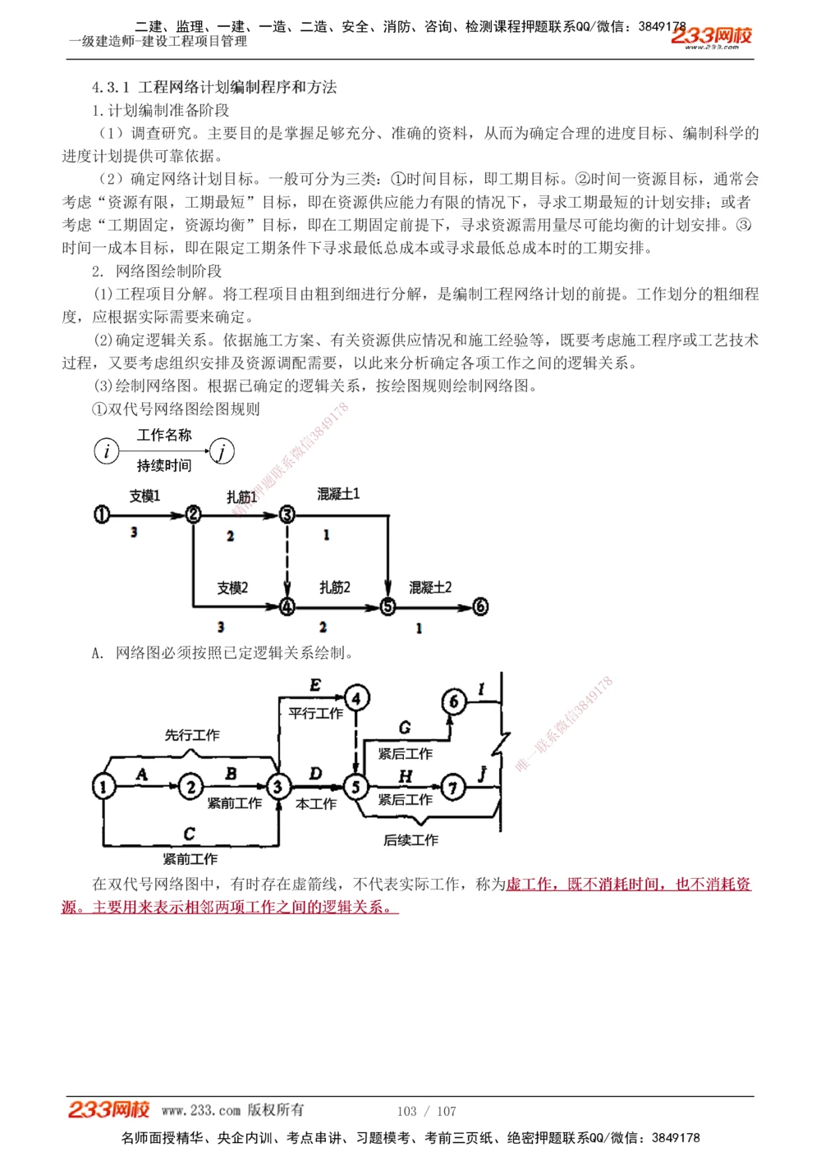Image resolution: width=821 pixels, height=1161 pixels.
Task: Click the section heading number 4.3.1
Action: pyautogui.click(x=111, y=87)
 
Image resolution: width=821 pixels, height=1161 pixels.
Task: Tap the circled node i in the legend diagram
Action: pyautogui.click(x=107, y=450)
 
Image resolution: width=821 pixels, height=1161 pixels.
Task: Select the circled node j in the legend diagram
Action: pyautogui.click(x=222, y=450)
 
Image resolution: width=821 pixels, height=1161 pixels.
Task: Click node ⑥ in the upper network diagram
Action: pyautogui.click(x=480, y=606)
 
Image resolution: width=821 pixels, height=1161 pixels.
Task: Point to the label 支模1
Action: pyautogui.click(x=144, y=496)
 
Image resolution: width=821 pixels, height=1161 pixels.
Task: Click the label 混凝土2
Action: pyautogui.click(x=430, y=587)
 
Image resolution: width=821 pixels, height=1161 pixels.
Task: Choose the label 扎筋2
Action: pyautogui.click(x=335, y=587)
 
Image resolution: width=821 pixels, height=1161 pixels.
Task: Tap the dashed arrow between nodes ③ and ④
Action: pyautogui.click(x=287, y=560)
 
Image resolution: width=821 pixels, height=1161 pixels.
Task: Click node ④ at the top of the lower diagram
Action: pyautogui.click(x=356, y=698)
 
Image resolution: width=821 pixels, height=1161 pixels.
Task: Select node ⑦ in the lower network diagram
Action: pyautogui.click(x=453, y=788)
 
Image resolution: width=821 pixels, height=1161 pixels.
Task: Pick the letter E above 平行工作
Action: pyautogui.click(x=315, y=686)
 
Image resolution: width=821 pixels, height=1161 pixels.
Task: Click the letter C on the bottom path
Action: pyautogui.click(x=190, y=834)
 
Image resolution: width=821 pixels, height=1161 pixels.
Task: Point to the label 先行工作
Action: pyautogui.click(x=192, y=735)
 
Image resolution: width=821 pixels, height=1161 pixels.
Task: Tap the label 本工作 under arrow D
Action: pyautogui.click(x=316, y=804)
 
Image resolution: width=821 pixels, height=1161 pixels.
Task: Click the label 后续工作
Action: pyautogui.click(x=410, y=840)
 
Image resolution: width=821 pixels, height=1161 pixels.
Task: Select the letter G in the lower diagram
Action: pyautogui.click(x=405, y=728)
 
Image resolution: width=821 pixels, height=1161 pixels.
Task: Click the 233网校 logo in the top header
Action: pyautogui.click(x=711, y=36)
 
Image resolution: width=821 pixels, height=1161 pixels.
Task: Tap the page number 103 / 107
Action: pyautogui.click(x=426, y=1111)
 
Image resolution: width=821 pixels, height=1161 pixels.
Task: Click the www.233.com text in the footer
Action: pyautogui.click(x=201, y=1110)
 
